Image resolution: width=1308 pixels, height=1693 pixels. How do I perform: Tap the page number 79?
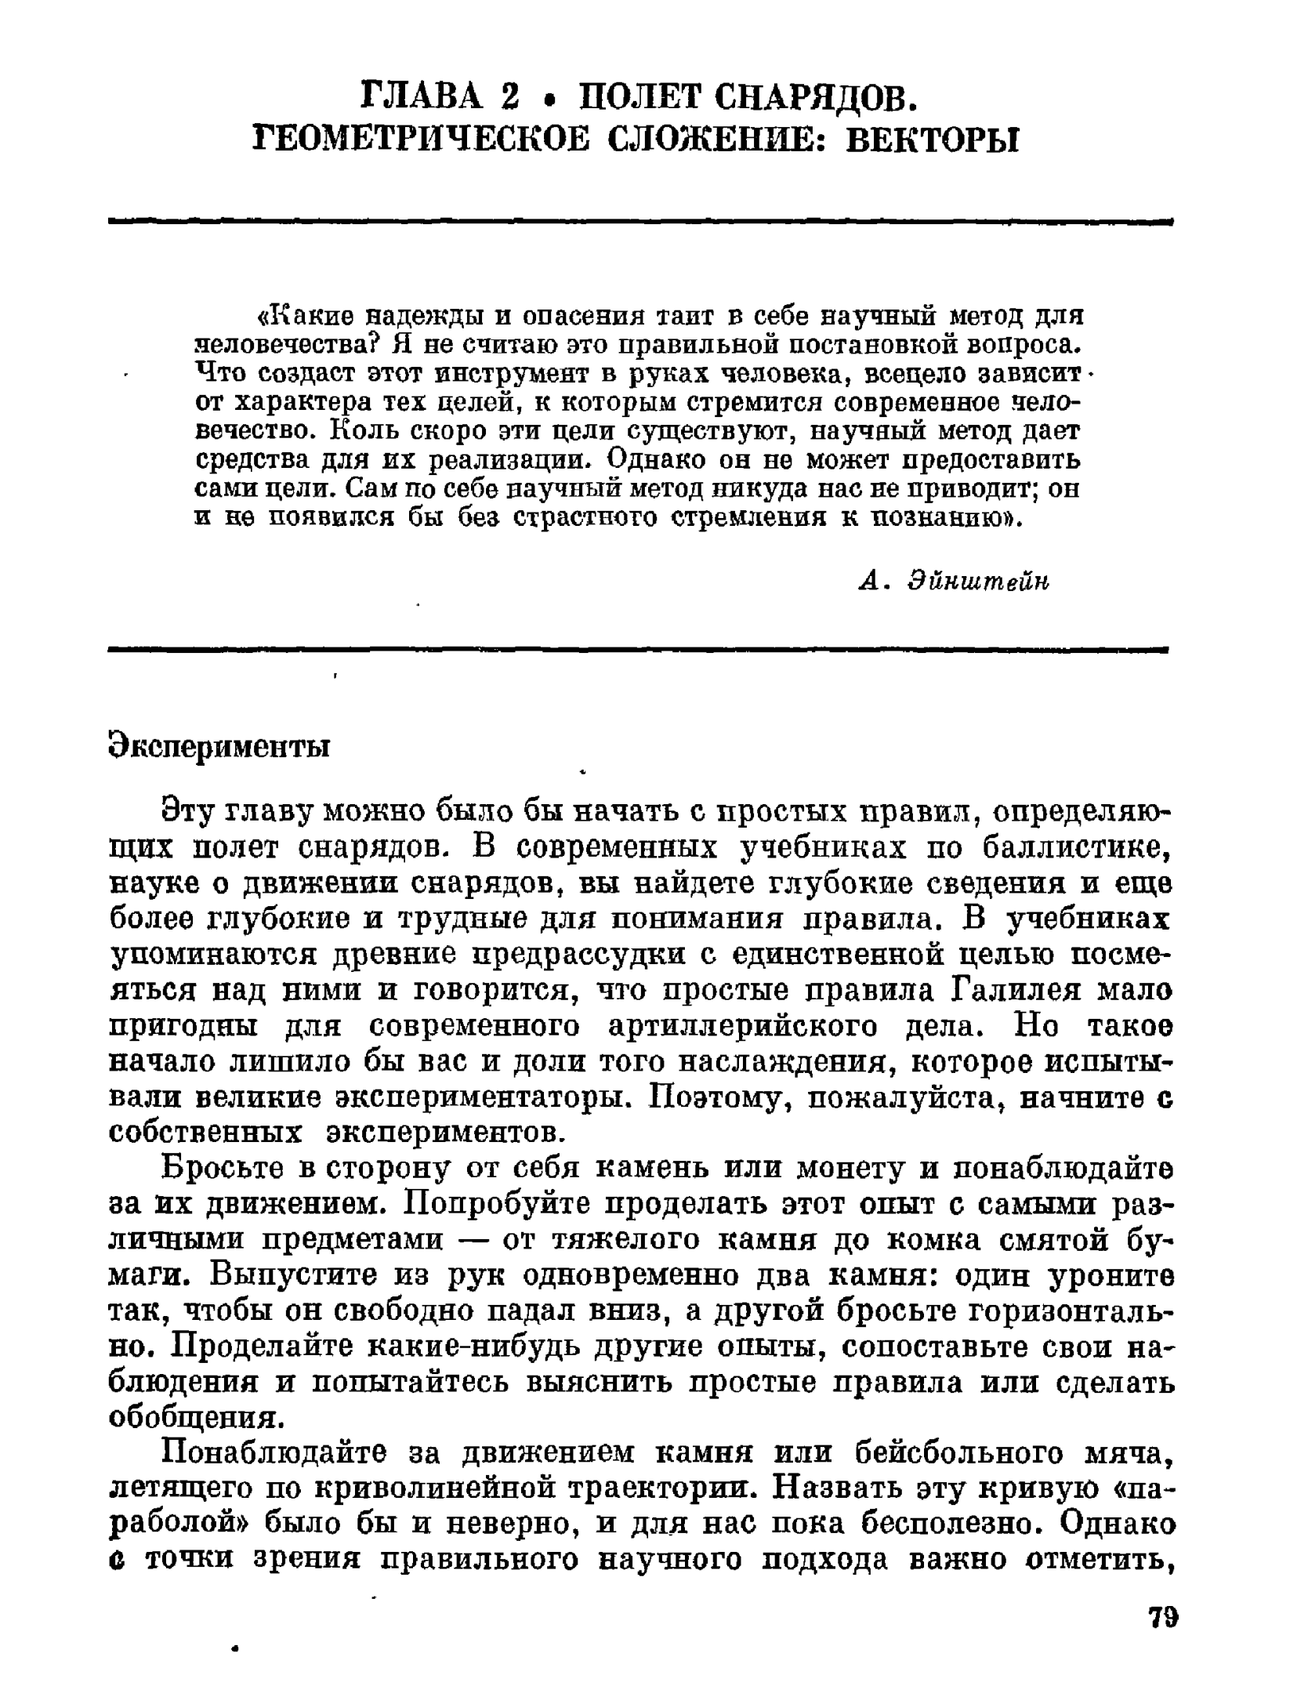[1162, 1618]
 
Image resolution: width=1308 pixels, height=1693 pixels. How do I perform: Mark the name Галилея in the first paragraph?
[1015, 991]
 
